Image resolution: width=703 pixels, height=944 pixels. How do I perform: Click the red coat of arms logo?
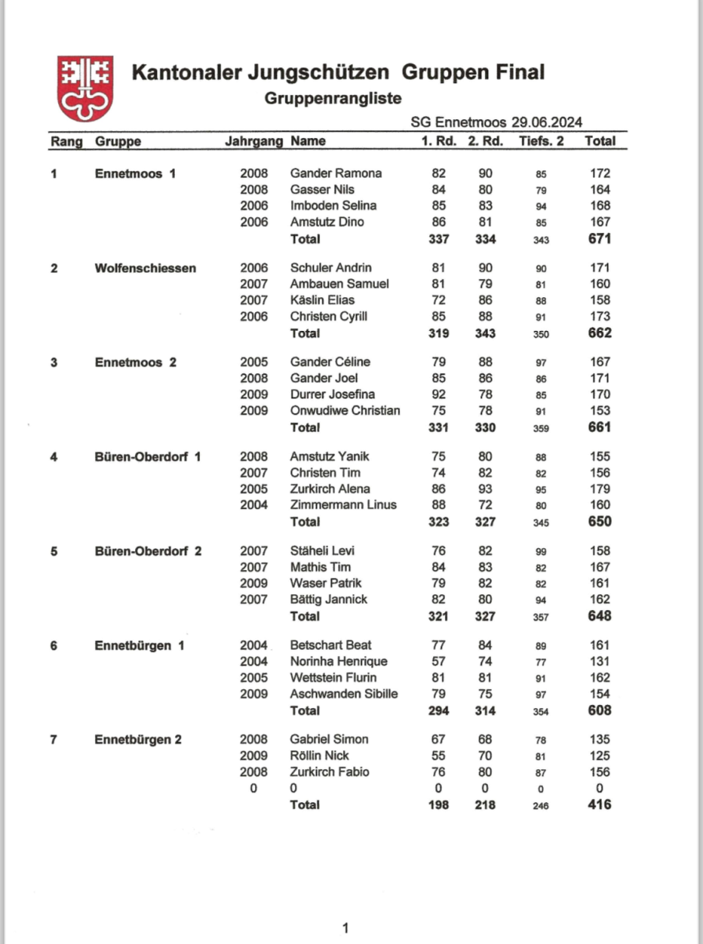[x=85, y=88]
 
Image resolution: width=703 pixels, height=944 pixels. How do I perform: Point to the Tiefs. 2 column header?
[x=541, y=142]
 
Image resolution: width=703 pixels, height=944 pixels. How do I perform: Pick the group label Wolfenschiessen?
[x=145, y=268]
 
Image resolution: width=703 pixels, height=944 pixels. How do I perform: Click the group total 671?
[x=599, y=238]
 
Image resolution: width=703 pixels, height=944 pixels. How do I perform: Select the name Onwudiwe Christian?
[x=345, y=411]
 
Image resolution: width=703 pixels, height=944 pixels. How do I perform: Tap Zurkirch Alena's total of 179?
[x=599, y=489]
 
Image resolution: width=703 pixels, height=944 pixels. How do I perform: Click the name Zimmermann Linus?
[x=343, y=505]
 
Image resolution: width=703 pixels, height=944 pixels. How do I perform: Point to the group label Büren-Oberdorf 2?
[x=148, y=550]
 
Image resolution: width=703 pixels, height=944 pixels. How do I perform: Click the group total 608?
[x=599, y=710]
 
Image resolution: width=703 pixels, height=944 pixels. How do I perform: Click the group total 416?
[x=599, y=804]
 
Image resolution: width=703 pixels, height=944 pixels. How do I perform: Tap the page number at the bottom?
[x=345, y=929]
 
